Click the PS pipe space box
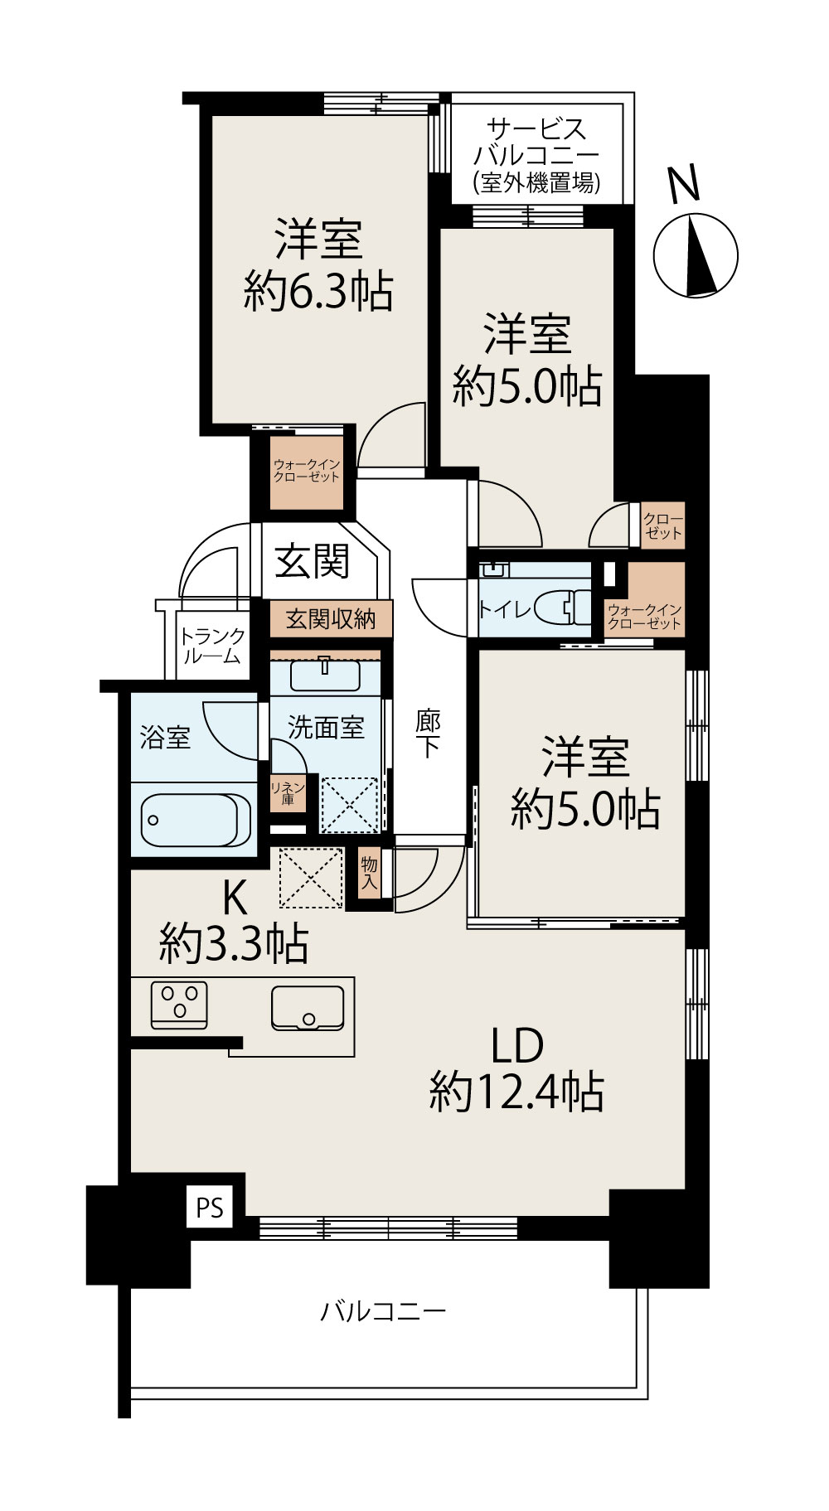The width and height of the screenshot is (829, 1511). (x=210, y=1208)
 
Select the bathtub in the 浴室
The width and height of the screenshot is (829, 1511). (x=196, y=820)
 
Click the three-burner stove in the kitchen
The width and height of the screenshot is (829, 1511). (x=179, y=1005)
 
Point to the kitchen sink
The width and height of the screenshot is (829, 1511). (x=308, y=1008)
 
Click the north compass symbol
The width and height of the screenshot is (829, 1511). (x=696, y=255)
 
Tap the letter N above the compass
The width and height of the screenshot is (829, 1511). (x=685, y=185)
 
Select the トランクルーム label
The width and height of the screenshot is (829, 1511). (x=212, y=647)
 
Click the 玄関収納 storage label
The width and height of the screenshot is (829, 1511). (x=331, y=618)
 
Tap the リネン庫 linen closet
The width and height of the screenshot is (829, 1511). (x=288, y=793)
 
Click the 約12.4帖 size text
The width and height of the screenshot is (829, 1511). (x=516, y=1091)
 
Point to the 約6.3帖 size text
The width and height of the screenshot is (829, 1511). (x=318, y=291)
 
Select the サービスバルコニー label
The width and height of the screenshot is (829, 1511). (x=536, y=155)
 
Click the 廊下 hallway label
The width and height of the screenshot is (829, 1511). (x=428, y=734)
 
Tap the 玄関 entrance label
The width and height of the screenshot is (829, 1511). (x=313, y=562)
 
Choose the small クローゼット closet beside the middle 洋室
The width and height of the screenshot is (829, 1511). (x=662, y=525)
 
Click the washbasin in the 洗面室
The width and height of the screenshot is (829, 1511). (x=325, y=675)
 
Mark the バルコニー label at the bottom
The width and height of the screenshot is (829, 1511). (x=383, y=1310)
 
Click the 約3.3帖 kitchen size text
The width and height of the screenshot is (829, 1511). (x=234, y=943)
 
